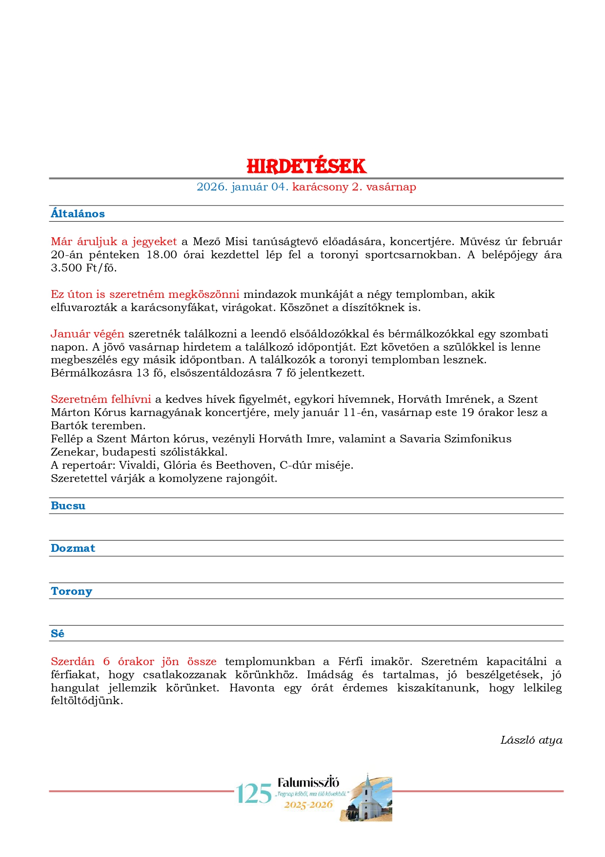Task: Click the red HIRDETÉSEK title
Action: coord(306,166)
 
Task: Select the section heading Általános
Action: coord(78,213)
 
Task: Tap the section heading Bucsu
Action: coord(68,505)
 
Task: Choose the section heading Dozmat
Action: coord(73,548)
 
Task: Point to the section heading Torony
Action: coord(71,591)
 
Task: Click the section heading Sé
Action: coord(58,633)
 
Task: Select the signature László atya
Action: coord(531,740)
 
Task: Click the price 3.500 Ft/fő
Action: coord(83,268)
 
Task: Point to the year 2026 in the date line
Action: coord(212,187)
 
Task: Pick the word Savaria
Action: coord(420,439)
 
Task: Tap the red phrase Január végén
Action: coord(87,334)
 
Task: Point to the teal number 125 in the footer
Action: coord(254,794)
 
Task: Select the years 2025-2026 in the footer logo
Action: coord(308,804)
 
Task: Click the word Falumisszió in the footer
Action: coord(308,782)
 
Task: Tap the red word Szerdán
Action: coord(73,661)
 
